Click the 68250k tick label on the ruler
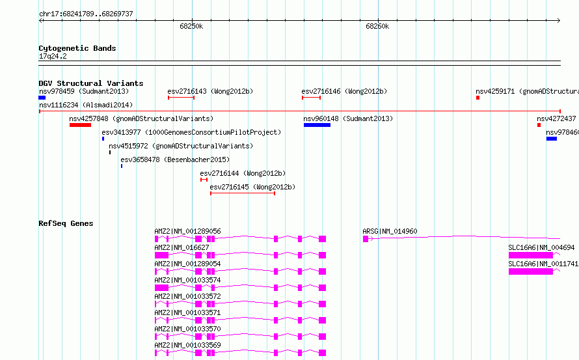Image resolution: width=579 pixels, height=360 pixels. tap(191, 26)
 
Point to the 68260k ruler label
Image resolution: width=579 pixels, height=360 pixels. tap(377, 26)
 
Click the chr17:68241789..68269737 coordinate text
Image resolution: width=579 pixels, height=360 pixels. tap(86, 14)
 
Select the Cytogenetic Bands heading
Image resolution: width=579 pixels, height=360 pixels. tap(77, 48)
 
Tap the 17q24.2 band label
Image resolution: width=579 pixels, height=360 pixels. tap(53, 56)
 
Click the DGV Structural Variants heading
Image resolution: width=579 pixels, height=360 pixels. tap(91, 83)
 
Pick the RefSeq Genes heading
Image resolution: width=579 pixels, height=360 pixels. tap(66, 223)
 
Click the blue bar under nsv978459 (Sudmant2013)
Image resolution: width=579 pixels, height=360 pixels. tap(42, 98)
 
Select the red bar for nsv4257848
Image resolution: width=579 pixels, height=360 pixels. tap(80, 125)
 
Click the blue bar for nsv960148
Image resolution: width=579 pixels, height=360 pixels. tap(317, 125)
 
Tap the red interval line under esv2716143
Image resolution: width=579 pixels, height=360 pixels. tap(181, 98)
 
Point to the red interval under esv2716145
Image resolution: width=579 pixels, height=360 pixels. tap(243, 193)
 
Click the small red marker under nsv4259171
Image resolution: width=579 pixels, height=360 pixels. tap(478, 98)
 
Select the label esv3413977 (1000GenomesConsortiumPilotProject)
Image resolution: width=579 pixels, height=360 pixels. tap(191, 132)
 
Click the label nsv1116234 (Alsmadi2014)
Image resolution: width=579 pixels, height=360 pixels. tap(86, 105)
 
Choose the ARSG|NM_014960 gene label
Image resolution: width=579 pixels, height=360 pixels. tap(390, 231)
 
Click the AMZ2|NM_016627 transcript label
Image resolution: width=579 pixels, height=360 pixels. tap(182, 247)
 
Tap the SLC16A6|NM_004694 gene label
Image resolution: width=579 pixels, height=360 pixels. tap(541, 247)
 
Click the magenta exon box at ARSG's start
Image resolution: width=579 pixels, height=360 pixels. tap(366, 239)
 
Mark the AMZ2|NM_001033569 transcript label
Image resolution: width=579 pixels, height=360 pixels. tap(187, 345)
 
